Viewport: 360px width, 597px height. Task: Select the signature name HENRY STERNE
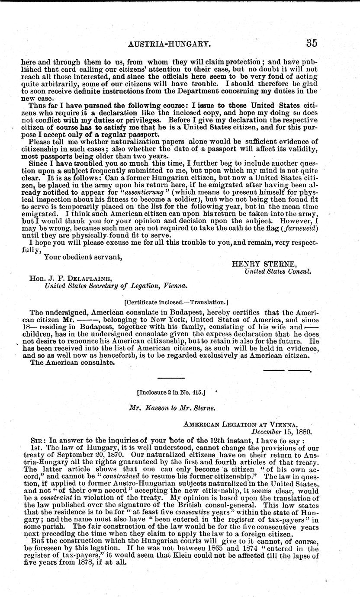pyautogui.click(x=258, y=263)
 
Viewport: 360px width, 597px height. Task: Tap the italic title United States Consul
pyautogui.click(x=278, y=272)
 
